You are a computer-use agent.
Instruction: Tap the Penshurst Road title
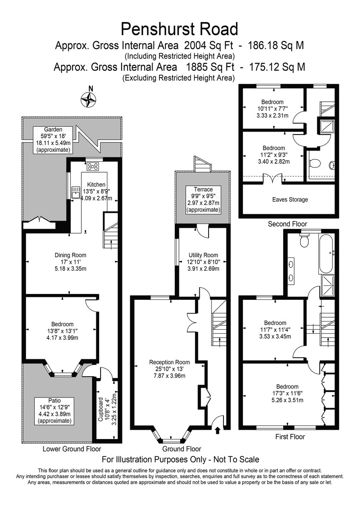180,29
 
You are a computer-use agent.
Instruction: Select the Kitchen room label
96,185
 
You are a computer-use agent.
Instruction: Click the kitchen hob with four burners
93,166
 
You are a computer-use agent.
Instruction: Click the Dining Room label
70,255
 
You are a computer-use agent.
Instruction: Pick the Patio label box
55,411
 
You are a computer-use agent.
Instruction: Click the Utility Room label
203,255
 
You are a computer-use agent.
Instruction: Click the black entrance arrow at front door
218,431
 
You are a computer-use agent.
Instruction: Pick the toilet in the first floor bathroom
304,241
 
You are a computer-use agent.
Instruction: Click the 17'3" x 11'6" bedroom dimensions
287,393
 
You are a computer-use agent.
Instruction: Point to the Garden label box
54,140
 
